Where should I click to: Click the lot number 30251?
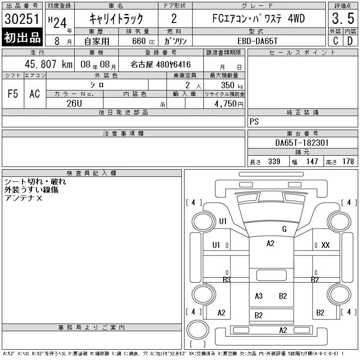pos(22,19)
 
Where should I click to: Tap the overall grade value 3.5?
pos(343,18)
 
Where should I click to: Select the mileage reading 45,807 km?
pos(49,64)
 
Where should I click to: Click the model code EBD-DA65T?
pos(257,41)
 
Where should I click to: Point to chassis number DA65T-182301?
pos(302,143)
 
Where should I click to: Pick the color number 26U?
pos(74,103)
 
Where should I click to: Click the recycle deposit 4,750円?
pos(229,104)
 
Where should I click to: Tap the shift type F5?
pos(13,94)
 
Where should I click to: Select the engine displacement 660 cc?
pos(144,41)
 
